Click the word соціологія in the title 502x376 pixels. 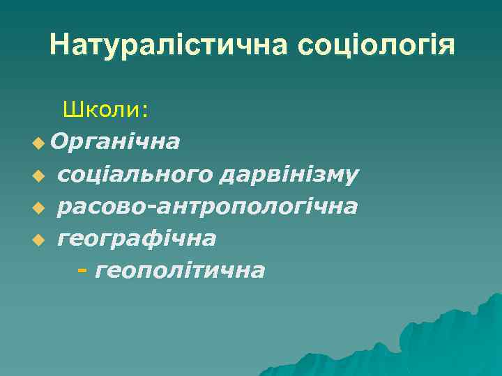pos(376,46)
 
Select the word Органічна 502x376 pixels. pos(115,142)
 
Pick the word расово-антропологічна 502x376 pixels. pos(208,206)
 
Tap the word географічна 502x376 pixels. pos(137,238)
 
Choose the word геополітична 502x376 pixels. pos(180,270)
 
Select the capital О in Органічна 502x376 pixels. pos(59,142)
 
